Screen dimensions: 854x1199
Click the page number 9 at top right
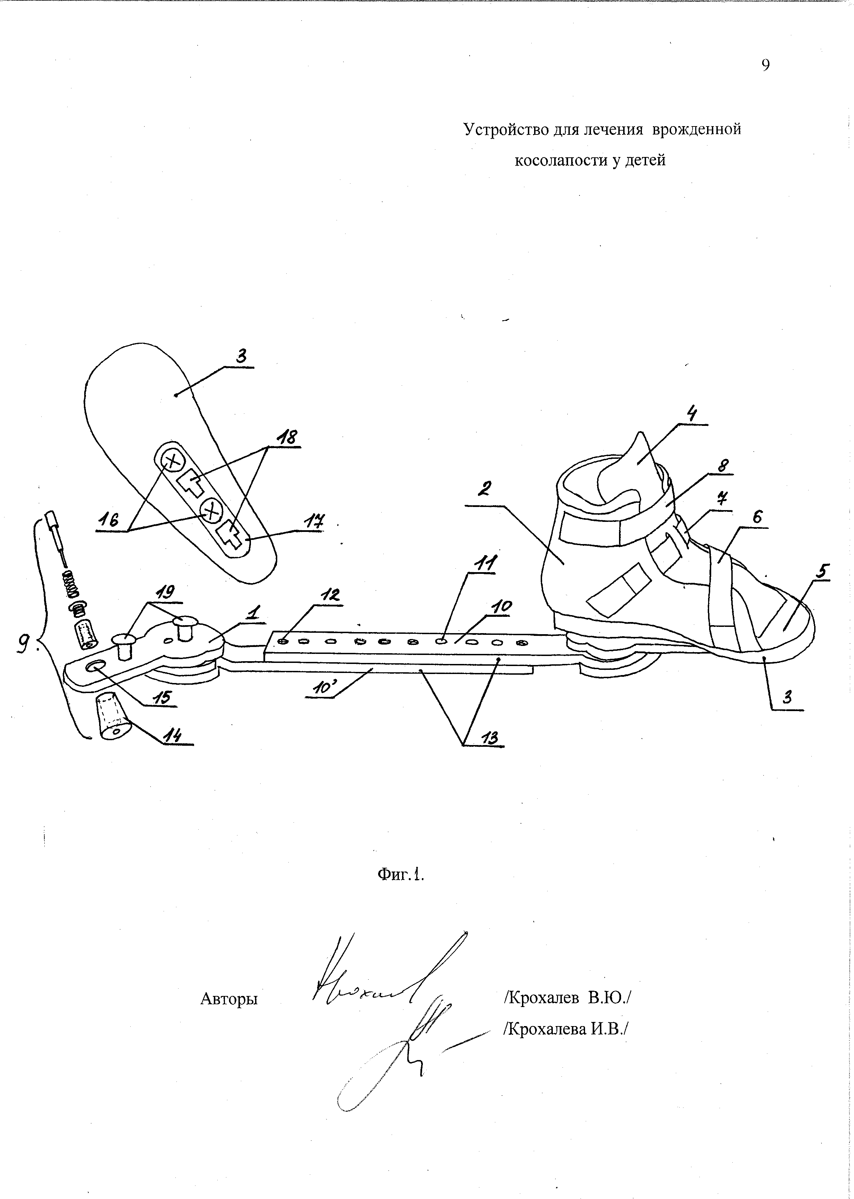click(765, 65)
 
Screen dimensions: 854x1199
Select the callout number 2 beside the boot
click(484, 489)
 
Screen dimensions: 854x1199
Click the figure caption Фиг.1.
click(400, 874)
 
